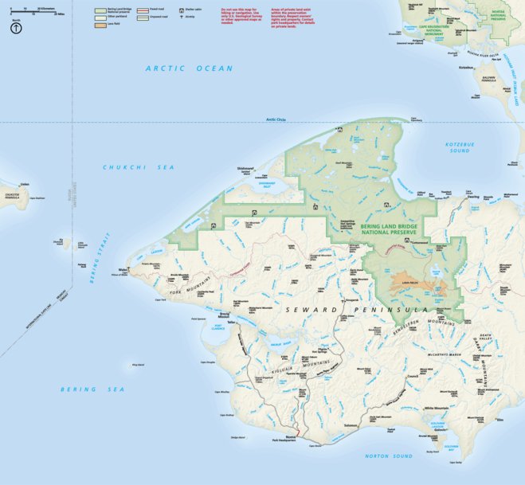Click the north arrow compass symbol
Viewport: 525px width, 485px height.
pyautogui.click(x=16, y=29)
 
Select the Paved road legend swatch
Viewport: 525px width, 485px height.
pyautogui.click(x=141, y=10)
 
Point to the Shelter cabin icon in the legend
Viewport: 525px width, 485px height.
pyautogui.click(x=181, y=10)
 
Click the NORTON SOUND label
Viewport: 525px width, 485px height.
pyautogui.click(x=388, y=456)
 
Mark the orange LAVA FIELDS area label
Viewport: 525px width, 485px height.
pyautogui.click(x=409, y=281)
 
